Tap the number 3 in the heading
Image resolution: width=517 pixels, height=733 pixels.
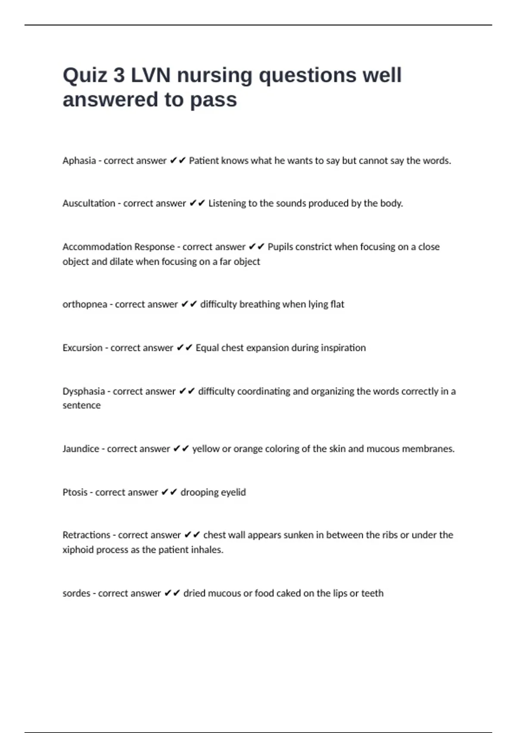pyautogui.click(x=119, y=75)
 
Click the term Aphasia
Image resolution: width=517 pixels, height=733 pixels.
pyautogui.click(x=79, y=161)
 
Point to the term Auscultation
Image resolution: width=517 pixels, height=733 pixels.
pyautogui.click(x=89, y=204)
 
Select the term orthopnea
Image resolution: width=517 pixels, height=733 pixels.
pyautogui.click(x=85, y=304)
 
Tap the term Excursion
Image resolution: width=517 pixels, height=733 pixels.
pyautogui.click(x=82, y=348)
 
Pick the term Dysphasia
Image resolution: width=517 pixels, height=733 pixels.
pyautogui.click(x=84, y=392)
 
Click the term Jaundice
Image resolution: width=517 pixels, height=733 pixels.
pyautogui.click(x=81, y=449)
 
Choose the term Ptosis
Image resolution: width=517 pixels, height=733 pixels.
pyautogui.click(x=75, y=492)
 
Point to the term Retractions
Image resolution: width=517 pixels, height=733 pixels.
pyautogui.click(x=86, y=535)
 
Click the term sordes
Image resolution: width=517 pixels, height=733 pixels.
pyautogui.click(x=76, y=593)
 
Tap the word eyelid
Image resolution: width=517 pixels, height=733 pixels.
pyautogui.click(x=234, y=492)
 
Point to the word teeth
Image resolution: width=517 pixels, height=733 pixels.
pyautogui.click(x=372, y=593)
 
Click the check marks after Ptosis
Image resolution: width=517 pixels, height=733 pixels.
pyautogui.click(x=169, y=492)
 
